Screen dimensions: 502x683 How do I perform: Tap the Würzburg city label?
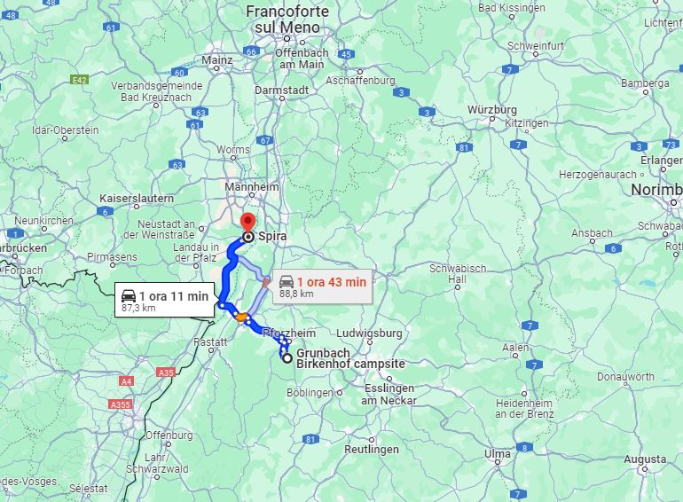tap(492, 110)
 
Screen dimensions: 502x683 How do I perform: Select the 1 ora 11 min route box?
tap(165, 301)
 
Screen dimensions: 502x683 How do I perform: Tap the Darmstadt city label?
tap(281, 90)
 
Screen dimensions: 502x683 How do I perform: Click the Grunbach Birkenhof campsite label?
tap(349, 358)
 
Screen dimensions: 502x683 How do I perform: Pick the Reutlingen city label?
tap(372, 450)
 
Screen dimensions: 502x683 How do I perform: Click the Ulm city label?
tap(497, 454)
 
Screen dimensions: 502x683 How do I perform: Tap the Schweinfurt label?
tap(536, 45)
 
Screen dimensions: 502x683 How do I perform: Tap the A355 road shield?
tap(120, 404)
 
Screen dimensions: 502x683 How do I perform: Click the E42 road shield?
tap(80, 80)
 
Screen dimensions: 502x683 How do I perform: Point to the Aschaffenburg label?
tap(360, 80)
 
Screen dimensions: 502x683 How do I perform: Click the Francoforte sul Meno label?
tap(287, 20)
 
